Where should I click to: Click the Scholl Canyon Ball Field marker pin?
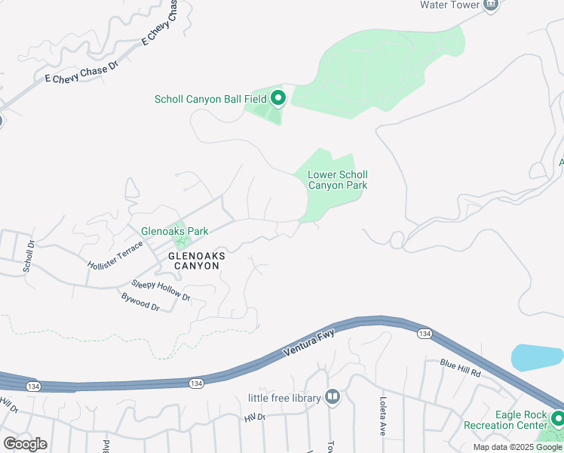(278, 98)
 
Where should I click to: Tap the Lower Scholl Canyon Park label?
(337, 180)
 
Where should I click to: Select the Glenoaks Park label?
(174, 231)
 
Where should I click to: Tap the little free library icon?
(333, 397)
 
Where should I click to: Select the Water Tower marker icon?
(491, 5)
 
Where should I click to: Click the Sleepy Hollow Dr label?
(161, 290)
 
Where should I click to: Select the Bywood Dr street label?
(140, 302)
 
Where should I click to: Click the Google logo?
(25, 443)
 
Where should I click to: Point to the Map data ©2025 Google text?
(517, 447)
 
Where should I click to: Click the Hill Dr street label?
(255, 417)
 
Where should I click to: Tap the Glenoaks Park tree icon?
(181, 242)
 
